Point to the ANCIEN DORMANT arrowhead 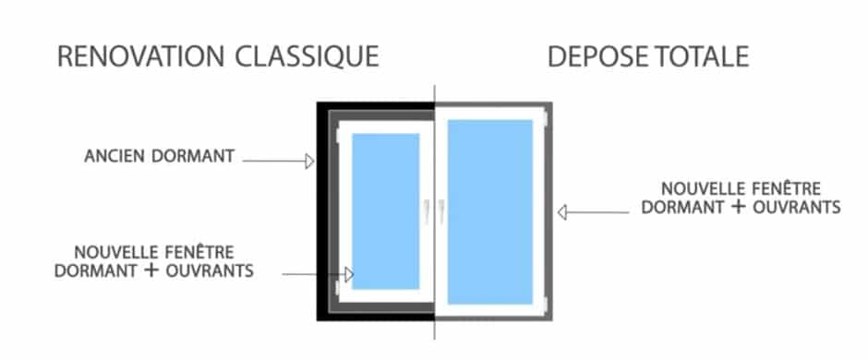pyautogui.click(x=309, y=162)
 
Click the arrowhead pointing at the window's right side pyautogui.click(x=561, y=212)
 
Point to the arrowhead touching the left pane pyautogui.click(x=349, y=274)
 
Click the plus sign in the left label pyautogui.click(x=147, y=270)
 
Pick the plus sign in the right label pyautogui.click(x=736, y=206)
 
